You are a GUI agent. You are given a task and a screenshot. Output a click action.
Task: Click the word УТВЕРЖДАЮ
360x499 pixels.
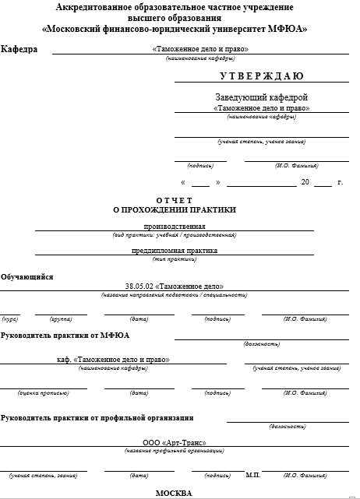pos(262,76)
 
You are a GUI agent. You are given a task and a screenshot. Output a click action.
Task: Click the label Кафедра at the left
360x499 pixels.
pos(19,49)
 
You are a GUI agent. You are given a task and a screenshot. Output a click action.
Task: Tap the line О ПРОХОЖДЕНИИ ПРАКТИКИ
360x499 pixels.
pos(175,209)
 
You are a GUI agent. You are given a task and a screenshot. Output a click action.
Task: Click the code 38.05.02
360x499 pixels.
pos(139,286)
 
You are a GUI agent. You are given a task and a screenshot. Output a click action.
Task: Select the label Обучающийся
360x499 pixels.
pos(27,276)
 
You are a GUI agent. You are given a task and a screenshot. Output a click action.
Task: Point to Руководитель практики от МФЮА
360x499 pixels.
pos(65,335)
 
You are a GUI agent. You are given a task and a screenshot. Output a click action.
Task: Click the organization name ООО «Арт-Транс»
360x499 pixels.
pos(174,442)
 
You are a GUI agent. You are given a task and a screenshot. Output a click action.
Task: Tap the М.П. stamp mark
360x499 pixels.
pos(252,474)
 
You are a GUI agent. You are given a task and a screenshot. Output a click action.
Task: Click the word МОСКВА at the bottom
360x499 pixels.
pos(174,493)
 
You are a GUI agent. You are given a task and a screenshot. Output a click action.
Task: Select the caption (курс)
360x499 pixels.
pos(11,318)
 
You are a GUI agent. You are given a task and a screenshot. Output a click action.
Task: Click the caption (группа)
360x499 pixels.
pos(61,318)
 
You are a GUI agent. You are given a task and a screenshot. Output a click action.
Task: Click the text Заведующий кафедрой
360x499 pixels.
pos(262,97)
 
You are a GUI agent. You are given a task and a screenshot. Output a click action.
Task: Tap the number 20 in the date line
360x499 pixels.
pos(305,182)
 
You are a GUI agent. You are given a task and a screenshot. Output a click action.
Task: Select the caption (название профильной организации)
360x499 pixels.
pos(175,451)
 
